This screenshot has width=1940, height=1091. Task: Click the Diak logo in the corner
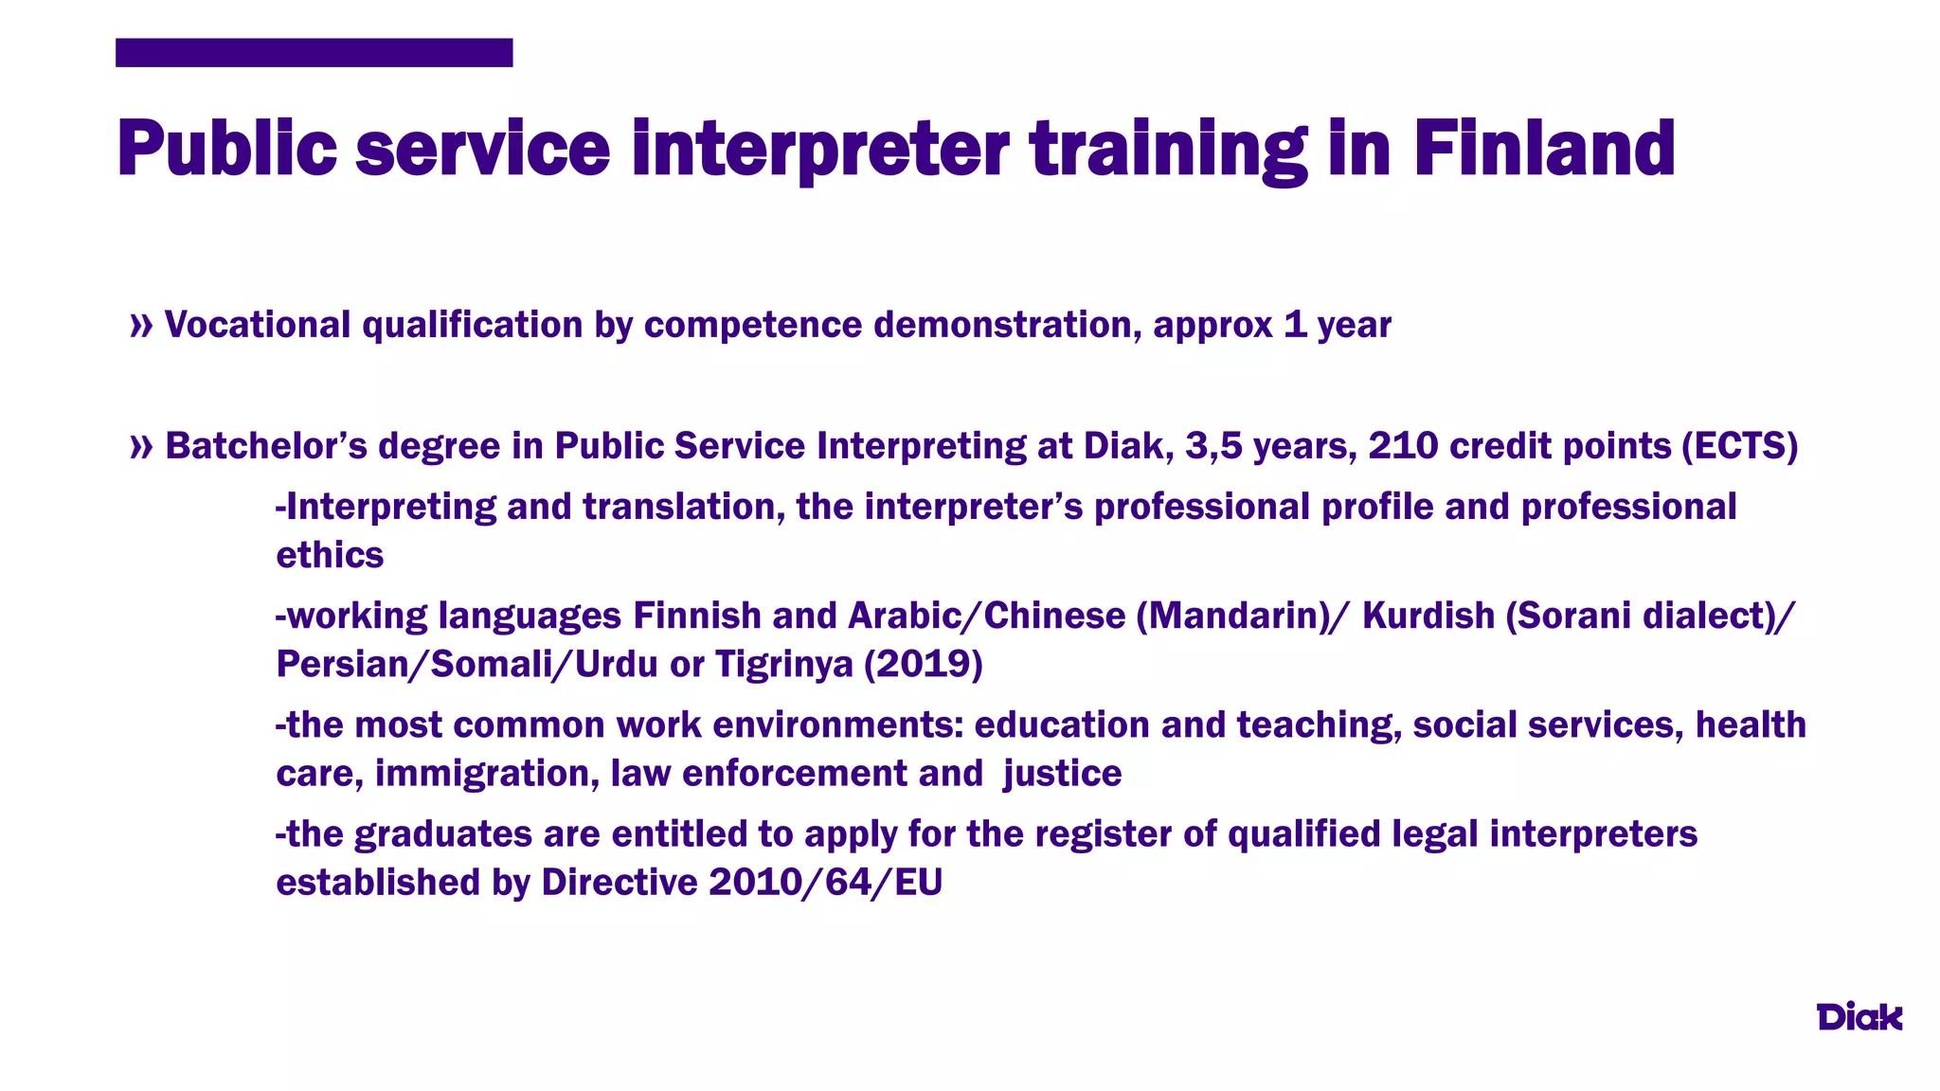1859,1016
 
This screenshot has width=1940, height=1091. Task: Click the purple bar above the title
314,53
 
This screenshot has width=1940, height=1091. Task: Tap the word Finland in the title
1544,149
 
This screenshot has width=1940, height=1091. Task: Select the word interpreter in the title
820,149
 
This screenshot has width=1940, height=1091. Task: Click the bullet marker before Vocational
141,326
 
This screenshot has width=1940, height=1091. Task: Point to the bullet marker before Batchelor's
141,447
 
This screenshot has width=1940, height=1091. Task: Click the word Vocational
258,325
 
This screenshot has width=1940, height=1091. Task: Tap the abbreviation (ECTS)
1739,446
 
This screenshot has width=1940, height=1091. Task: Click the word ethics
330,555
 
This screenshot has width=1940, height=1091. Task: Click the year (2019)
923,664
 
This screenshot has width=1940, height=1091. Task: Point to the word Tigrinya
784,665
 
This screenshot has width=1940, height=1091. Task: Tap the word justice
1062,774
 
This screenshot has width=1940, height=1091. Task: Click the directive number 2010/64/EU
825,883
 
